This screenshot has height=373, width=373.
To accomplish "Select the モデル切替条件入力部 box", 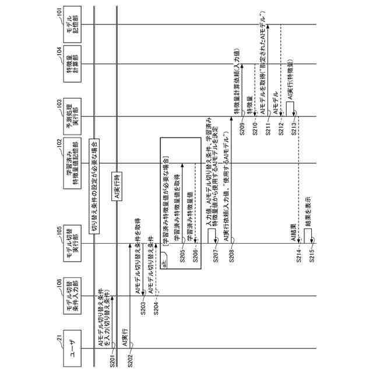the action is (72, 296).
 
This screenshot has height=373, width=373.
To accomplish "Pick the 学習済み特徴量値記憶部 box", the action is (72, 164).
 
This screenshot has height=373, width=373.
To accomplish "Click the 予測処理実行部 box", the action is (72, 117).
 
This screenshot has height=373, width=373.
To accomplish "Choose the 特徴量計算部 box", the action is (72, 64).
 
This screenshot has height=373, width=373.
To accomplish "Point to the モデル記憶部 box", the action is (72, 23).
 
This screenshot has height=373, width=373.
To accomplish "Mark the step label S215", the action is (312, 259).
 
